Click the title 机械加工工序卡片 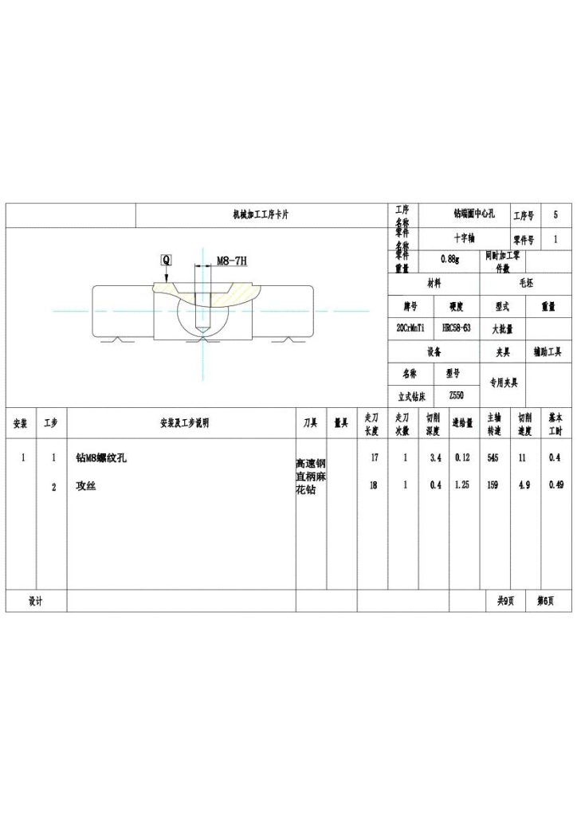tap(261, 215)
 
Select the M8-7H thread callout tap(232, 261)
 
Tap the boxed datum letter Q tap(166, 260)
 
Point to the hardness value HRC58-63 tap(456, 328)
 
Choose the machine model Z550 tap(455, 395)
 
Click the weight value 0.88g tap(449, 258)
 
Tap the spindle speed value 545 tap(493, 458)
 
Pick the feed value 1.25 tap(462, 485)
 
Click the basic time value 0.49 tap(555, 485)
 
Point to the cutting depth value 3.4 tap(435, 458)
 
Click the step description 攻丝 tap(85, 485)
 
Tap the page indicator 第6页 tap(545, 601)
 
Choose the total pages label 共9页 tap(505, 601)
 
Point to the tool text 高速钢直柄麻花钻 tap(310, 477)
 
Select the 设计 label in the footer tap(36, 601)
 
